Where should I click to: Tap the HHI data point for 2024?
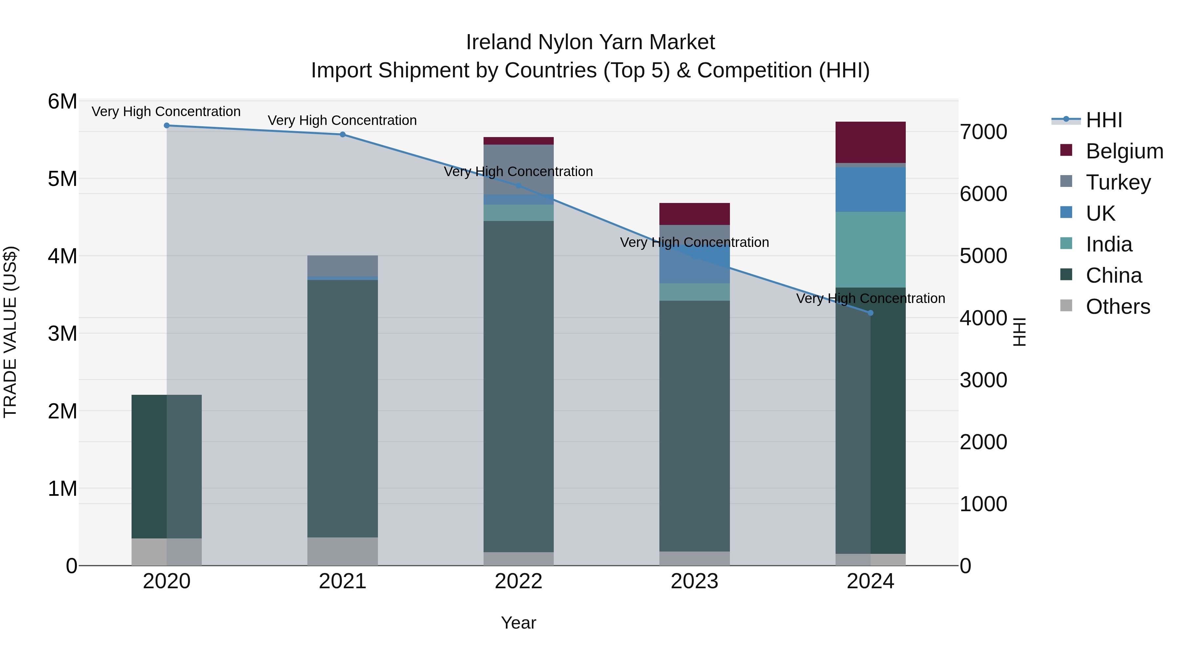[x=871, y=313]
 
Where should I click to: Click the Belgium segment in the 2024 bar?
[x=871, y=142]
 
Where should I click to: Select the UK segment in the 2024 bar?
[x=871, y=189]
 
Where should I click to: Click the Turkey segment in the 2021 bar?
[x=342, y=266]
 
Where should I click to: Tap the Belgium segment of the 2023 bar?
[x=694, y=213]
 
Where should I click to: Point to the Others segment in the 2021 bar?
[x=342, y=551]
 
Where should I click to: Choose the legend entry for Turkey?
[x=1118, y=182]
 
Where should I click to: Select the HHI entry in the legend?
[x=1104, y=120]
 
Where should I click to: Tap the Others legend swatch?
[x=1067, y=306]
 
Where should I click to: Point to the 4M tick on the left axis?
[x=62, y=256]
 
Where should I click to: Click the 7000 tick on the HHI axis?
[x=984, y=132]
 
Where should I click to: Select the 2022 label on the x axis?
[x=519, y=581]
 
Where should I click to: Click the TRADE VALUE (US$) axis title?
[x=10, y=332]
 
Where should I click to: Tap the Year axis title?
[x=519, y=623]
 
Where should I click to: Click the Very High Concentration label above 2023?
[x=694, y=242]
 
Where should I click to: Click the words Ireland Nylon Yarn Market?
[x=590, y=42]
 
